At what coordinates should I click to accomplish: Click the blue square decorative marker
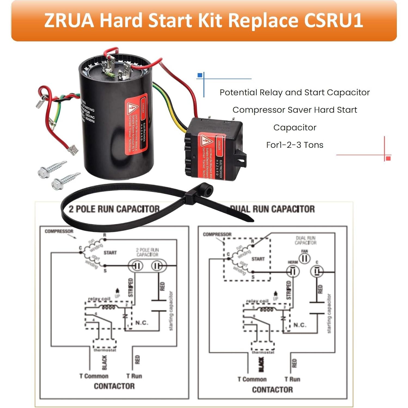click(x=200, y=75)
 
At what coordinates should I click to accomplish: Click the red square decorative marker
click(x=388, y=158)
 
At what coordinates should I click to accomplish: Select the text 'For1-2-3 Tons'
click(x=295, y=145)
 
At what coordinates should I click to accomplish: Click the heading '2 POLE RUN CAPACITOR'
click(x=114, y=209)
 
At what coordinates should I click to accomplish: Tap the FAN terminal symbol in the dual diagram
click(x=305, y=258)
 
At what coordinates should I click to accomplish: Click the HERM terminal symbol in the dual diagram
click(x=293, y=271)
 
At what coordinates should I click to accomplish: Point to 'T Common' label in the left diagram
click(x=94, y=376)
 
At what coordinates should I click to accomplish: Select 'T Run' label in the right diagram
click(x=292, y=379)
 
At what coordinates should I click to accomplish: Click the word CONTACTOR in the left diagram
click(x=114, y=386)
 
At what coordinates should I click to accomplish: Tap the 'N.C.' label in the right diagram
click(x=300, y=325)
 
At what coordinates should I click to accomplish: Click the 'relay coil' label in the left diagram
click(x=99, y=299)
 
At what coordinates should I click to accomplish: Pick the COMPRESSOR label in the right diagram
click(x=217, y=234)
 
